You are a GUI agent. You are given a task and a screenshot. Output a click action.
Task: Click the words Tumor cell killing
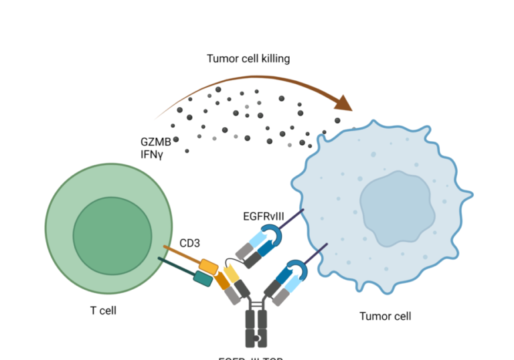[x=248, y=59]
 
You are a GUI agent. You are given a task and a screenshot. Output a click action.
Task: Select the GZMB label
[x=155, y=141]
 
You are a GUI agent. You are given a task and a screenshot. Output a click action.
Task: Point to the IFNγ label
[x=152, y=154]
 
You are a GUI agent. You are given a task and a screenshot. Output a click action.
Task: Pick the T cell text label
[x=107, y=310]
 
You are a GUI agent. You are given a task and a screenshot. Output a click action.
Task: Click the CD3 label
[x=189, y=244]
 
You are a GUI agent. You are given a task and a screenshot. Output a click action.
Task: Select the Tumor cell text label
[x=385, y=317]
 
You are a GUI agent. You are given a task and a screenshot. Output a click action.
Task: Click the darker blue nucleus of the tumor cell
[x=395, y=203]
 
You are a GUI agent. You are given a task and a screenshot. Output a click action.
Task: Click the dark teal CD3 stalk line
[x=175, y=267]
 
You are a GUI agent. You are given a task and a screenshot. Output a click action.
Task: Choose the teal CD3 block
[x=203, y=278]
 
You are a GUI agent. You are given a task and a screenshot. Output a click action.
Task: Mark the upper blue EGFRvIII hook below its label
[x=274, y=234]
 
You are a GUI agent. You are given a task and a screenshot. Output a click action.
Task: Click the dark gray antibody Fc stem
[x=256, y=328]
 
